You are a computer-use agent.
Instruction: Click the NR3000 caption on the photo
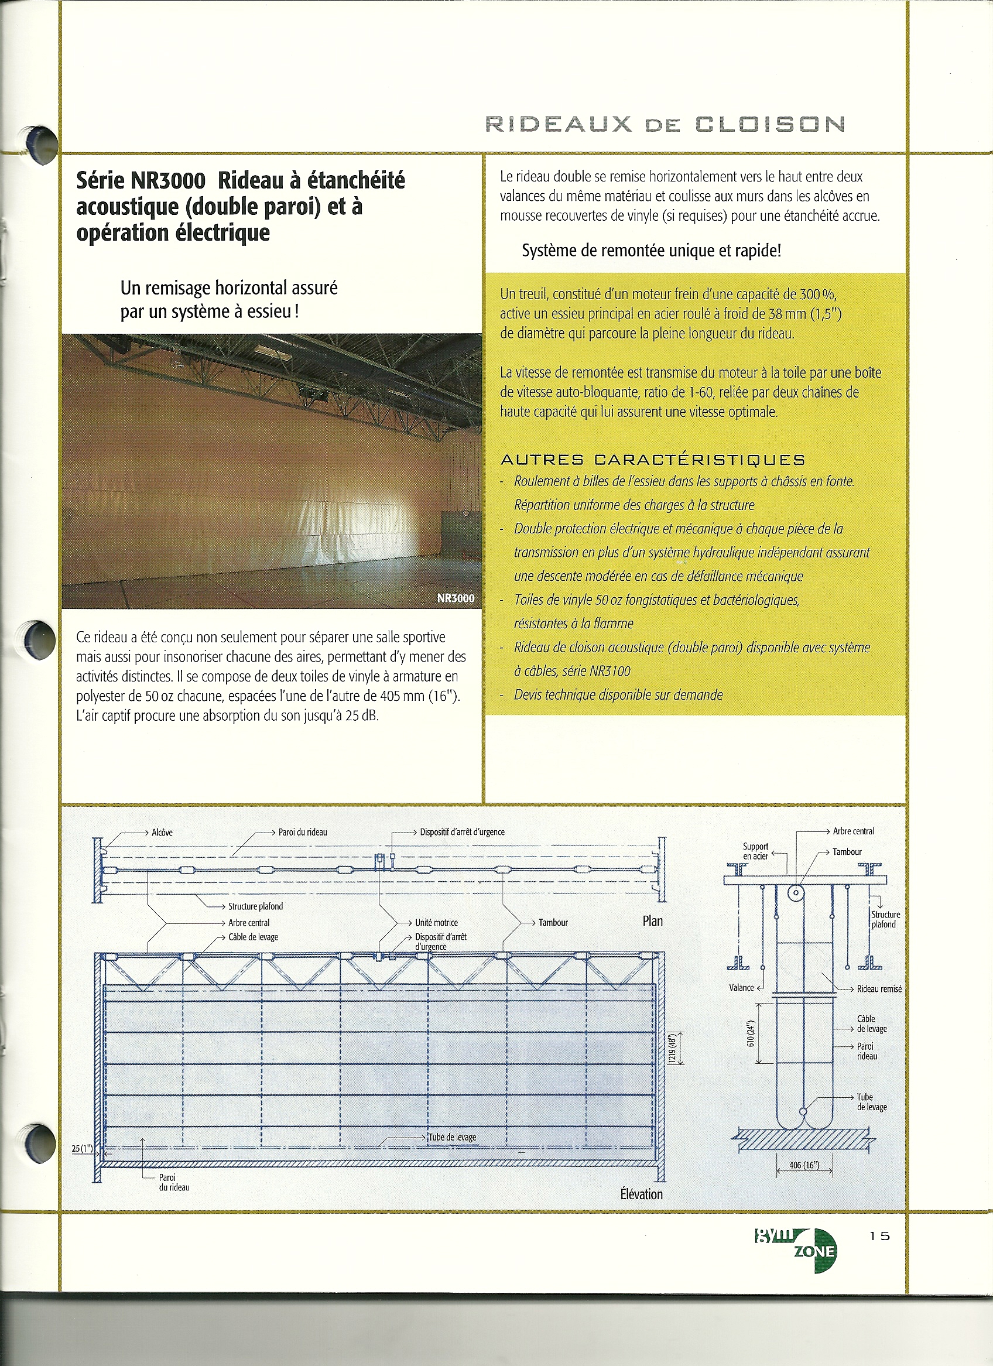pos(456,598)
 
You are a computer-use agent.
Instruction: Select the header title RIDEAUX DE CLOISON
pos(665,125)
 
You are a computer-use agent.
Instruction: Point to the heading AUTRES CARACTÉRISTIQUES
pos(653,460)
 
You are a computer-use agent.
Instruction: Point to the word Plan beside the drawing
pos(652,921)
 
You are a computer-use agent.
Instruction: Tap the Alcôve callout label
pos(162,833)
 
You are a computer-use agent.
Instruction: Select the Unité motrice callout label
pos(436,923)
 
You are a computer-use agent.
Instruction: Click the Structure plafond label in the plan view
pos(255,906)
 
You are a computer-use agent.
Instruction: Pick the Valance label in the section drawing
pos(741,988)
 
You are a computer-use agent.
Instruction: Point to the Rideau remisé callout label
pos(879,989)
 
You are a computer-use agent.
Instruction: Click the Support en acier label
pos(755,851)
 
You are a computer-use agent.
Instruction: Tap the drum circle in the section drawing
pos(796,892)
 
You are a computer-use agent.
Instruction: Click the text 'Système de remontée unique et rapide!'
pos(651,251)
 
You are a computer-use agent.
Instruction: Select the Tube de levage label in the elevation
pos(452,1137)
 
